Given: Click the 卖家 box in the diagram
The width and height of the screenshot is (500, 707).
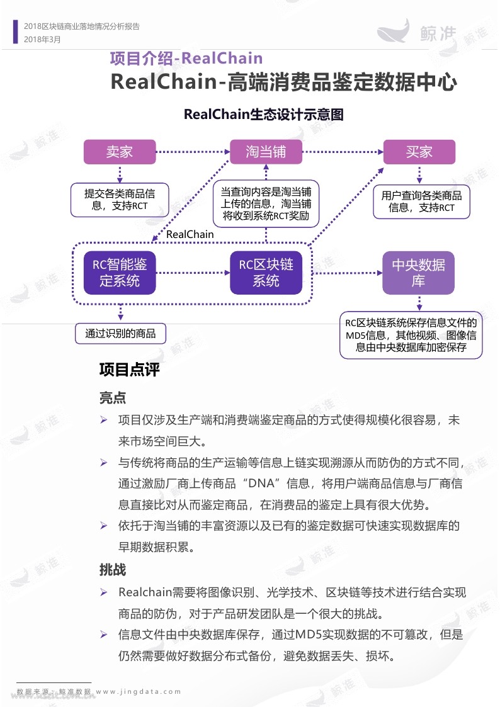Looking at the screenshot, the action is point(120,152).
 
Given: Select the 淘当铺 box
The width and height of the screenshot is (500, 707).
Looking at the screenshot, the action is point(266,152).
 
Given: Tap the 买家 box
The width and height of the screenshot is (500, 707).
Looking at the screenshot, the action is point(419,152).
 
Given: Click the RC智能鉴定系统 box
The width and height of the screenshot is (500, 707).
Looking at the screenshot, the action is point(120,273).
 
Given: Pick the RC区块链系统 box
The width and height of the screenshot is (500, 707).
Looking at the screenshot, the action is point(266,273).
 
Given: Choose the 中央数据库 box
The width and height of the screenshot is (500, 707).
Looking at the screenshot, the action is point(418,273).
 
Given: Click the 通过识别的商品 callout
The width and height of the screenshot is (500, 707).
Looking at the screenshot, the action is point(120,333).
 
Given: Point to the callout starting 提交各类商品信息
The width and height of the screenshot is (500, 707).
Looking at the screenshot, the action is point(120,200).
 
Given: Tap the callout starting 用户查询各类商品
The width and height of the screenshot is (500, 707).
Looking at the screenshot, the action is point(421,201).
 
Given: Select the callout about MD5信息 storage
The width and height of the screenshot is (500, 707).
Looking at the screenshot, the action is point(411,335).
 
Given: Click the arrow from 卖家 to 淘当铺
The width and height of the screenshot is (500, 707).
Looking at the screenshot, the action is point(193,152).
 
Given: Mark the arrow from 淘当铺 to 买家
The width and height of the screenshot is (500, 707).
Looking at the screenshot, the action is point(343,152).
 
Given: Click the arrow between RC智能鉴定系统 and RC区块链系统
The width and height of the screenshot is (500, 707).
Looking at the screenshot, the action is point(193,273).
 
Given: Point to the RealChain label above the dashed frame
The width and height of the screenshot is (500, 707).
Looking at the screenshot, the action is point(190,234).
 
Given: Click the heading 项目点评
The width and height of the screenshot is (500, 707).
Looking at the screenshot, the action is point(129,370).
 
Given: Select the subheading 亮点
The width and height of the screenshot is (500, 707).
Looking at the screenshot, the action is point(113,398).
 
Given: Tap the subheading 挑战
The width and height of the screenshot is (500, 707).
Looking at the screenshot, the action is point(113,570).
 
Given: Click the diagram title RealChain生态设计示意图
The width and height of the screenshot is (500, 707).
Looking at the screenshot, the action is point(264,115).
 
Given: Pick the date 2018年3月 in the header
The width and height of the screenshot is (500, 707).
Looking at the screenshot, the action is point(42,39).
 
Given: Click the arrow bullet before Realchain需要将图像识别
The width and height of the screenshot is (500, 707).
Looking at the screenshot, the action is point(104,592).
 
